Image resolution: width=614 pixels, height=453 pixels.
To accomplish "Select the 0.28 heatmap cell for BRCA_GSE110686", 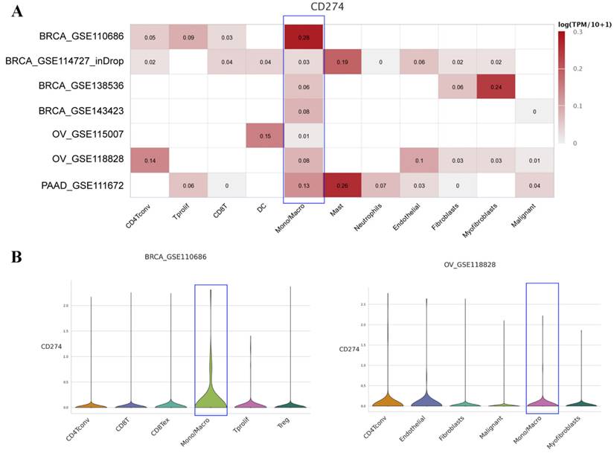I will [x=303, y=36].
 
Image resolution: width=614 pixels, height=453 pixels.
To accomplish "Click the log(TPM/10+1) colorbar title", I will [x=584, y=25].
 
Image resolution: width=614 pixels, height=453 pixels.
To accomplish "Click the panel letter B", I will [x=17, y=256].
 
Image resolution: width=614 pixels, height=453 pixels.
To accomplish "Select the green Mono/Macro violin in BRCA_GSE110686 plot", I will [x=211, y=394].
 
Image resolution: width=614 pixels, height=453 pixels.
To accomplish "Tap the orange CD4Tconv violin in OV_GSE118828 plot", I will [x=387, y=400].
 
